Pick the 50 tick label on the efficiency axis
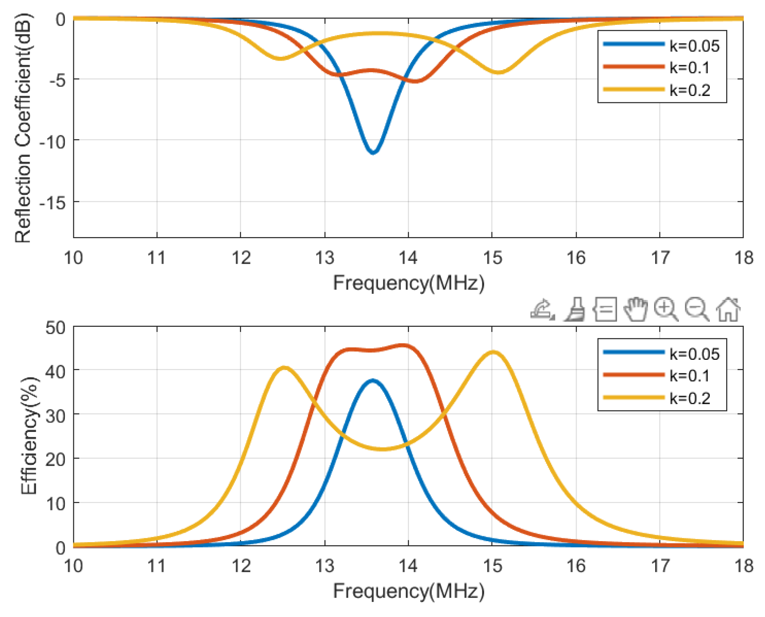pos(55,328)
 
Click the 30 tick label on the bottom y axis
pos(55,416)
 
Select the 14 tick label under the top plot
pos(408,258)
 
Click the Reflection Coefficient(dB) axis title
pos(23,128)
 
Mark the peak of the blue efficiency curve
pos(372,381)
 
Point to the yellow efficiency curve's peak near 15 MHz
pos(493,352)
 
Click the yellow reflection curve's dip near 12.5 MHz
pos(280,58)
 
